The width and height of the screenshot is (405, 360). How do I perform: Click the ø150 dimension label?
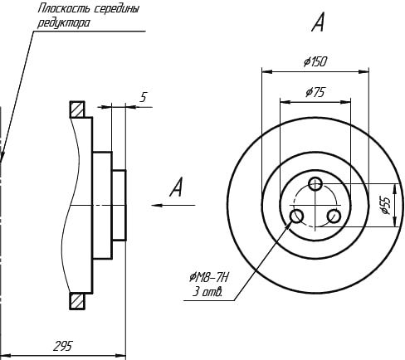(315, 61)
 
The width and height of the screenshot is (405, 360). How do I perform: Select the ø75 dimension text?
(315, 92)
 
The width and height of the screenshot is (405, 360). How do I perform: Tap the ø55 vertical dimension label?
(386, 206)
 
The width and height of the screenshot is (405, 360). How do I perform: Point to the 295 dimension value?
(63, 346)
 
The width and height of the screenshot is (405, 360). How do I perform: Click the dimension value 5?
(143, 97)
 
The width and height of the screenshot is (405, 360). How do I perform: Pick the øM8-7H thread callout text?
(209, 277)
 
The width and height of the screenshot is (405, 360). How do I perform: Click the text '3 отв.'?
(207, 292)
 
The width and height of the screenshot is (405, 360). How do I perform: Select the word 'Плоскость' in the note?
(64, 8)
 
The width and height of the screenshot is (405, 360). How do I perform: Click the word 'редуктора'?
(64, 23)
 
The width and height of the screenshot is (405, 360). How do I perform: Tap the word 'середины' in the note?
(116, 8)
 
